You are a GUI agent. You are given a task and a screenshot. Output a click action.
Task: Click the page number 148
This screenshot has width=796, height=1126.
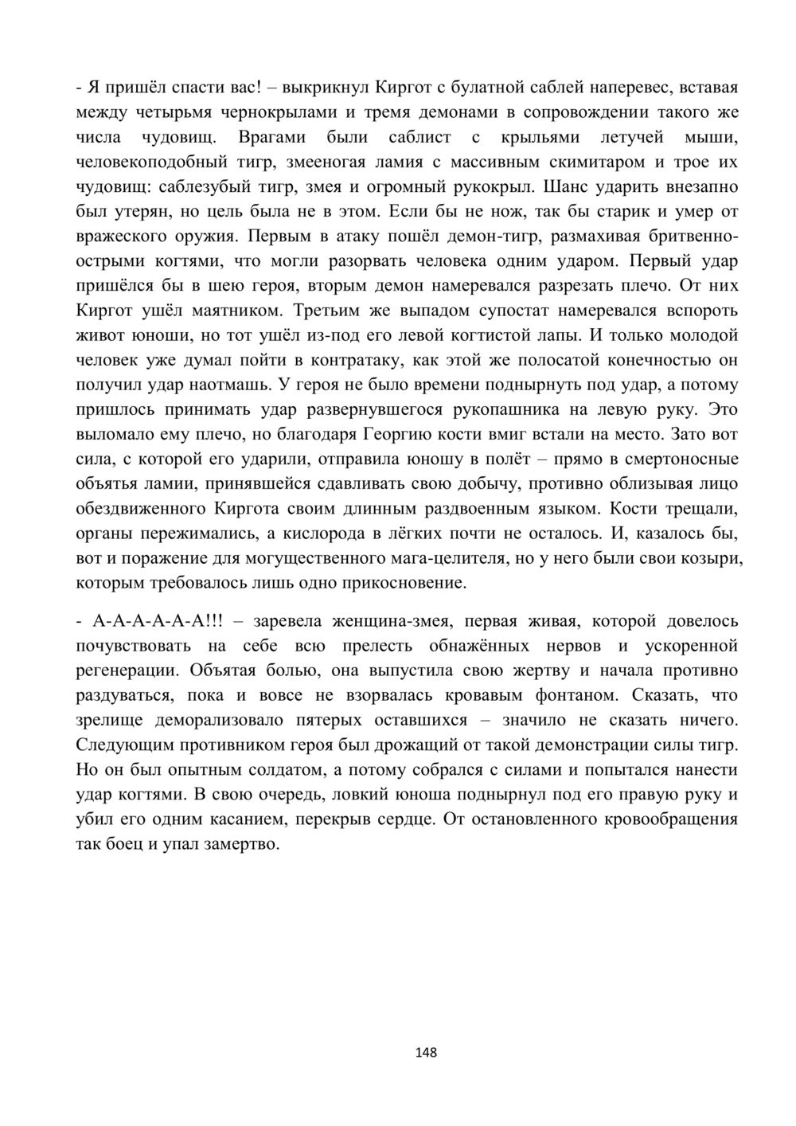(x=426, y=1053)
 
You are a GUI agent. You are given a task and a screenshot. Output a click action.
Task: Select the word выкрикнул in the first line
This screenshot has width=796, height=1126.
(x=326, y=87)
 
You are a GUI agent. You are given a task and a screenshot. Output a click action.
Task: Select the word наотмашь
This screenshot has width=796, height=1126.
(x=231, y=384)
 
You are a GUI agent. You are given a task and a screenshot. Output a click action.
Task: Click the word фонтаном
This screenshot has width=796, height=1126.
(x=576, y=694)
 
